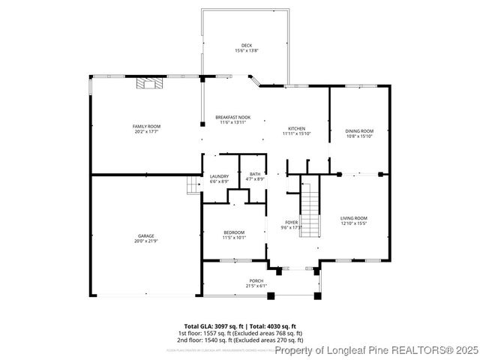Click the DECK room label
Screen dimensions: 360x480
247,45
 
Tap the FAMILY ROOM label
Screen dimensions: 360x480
147,126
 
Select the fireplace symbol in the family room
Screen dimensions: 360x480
148,83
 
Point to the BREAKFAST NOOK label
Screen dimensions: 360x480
232,118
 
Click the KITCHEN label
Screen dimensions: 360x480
296,128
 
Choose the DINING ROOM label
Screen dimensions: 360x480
359,131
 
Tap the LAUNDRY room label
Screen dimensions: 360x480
219,177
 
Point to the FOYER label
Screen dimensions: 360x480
292,222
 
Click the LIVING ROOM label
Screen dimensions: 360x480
354,218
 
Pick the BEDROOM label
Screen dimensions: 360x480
234,232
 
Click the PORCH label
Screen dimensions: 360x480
256,281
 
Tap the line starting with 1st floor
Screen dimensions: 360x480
239,333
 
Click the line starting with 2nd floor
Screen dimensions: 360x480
239,340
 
